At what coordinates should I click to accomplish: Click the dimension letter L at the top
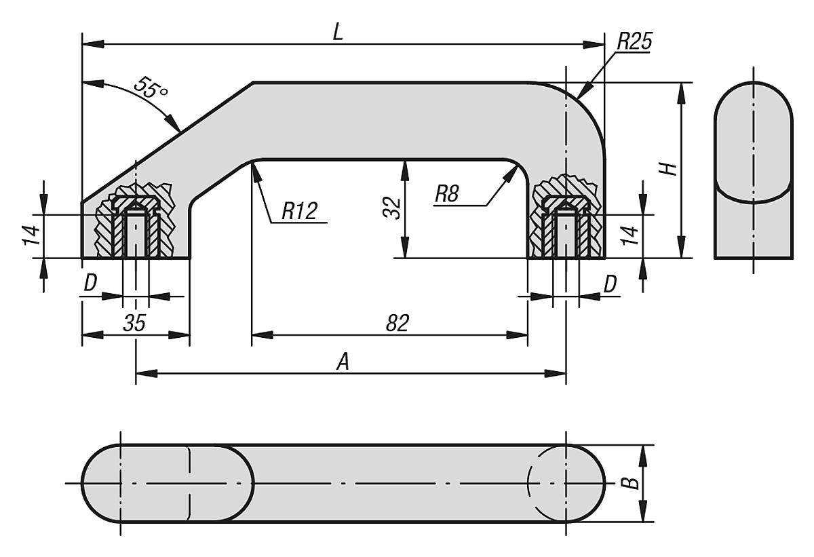(x=337, y=32)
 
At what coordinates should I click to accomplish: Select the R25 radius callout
(x=634, y=42)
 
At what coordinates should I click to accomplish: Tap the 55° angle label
(x=151, y=89)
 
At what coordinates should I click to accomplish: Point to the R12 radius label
(x=299, y=211)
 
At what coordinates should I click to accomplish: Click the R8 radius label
(x=448, y=195)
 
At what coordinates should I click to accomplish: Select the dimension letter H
(x=670, y=168)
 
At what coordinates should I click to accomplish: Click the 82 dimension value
(x=398, y=324)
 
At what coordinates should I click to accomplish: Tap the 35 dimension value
(x=134, y=324)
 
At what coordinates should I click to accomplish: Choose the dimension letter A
(x=344, y=363)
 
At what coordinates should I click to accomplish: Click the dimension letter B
(x=631, y=483)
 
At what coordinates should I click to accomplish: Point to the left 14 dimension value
(x=31, y=235)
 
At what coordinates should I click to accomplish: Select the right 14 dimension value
(x=630, y=235)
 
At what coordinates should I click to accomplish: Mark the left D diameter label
(x=90, y=284)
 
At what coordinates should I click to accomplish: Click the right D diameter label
(x=610, y=284)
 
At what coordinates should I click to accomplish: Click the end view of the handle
(x=753, y=170)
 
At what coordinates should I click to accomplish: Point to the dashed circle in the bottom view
(x=547, y=483)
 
